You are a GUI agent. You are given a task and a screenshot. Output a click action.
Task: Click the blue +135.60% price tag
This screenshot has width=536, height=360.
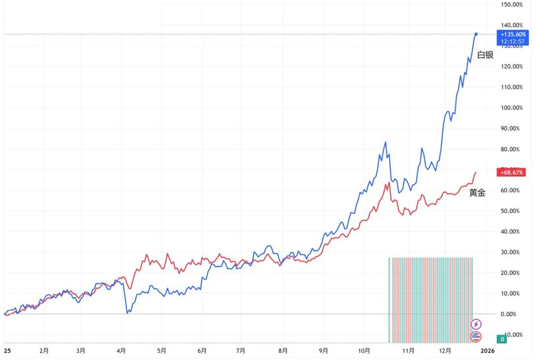pyautogui.click(x=513, y=37)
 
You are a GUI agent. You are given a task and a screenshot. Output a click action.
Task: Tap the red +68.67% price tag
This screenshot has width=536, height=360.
pyautogui.click(x=512, y=172)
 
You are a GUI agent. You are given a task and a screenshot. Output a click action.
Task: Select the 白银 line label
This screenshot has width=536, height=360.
pyautogui.click(x=485, y=55)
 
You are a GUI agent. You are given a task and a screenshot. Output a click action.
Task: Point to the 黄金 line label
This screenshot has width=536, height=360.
pyautogui.click(x=477, y=193)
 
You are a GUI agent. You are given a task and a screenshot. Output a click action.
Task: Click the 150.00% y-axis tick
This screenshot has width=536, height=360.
pyautogui.click(x=511, y=4)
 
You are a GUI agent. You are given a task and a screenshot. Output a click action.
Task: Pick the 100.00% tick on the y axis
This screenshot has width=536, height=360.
pyautogui.click(x=511, y=108)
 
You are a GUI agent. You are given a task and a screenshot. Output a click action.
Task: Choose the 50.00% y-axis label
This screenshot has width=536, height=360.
pyautogui.click(x=511, y=211)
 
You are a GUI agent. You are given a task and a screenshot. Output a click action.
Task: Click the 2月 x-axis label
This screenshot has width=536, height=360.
pyautogui.click(x=46, y=351)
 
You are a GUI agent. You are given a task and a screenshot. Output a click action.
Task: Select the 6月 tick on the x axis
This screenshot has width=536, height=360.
pyautogui.click(x=202, y=351)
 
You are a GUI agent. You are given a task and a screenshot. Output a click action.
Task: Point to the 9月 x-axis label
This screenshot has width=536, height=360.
pyautogui.click(x=323, y=351)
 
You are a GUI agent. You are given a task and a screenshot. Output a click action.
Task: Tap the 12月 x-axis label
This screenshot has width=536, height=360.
pyautogui.click(x=445, y=351)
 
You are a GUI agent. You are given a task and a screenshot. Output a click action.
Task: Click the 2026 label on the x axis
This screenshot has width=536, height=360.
pyautogui.click(x=488, y=351)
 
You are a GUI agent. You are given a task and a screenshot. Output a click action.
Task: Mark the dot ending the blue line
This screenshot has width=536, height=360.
pyautogui.click(x=476, y=34)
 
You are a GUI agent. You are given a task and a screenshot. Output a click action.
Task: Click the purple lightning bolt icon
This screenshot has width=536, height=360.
pyautogui.click(x=476, y=324)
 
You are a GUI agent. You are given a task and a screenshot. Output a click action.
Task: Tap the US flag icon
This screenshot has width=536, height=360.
pyautogui.click(x=476, y=337)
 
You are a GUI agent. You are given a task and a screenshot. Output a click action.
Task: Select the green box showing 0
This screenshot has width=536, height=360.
pyautogui.click(x=502, y=339)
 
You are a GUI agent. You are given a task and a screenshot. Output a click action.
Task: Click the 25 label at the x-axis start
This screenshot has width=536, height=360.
pyautogui.click(x=7, y=351)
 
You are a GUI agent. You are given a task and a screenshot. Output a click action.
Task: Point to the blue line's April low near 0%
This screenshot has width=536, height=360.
pyautogui.click(x=127, y=312)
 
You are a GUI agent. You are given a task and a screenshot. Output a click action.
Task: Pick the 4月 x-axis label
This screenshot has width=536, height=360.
pyautogui.click(x=121, y=351)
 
